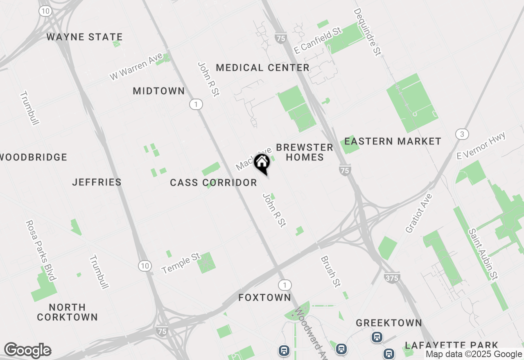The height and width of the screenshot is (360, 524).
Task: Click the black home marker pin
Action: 262,163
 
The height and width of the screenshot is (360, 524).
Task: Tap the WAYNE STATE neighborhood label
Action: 84,37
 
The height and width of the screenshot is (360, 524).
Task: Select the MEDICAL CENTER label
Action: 262,67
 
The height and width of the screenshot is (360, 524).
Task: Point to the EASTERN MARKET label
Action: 393,142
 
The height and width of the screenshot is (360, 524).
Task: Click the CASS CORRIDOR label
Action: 213,183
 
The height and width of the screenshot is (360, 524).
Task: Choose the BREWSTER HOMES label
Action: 305,152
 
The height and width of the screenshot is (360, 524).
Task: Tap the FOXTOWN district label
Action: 264,297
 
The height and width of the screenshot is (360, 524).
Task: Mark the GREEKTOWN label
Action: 388,323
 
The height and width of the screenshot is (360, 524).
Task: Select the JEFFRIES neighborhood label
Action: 97,182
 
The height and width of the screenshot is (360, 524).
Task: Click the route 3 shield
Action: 462,134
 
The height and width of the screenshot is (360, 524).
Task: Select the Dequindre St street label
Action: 367,32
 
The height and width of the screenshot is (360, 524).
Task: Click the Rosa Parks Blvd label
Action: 40,250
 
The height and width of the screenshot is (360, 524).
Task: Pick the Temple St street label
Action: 181,263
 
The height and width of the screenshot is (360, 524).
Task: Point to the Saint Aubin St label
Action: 483,254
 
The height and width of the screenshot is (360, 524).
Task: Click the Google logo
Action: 27,350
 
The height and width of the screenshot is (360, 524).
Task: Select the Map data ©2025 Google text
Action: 474,354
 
